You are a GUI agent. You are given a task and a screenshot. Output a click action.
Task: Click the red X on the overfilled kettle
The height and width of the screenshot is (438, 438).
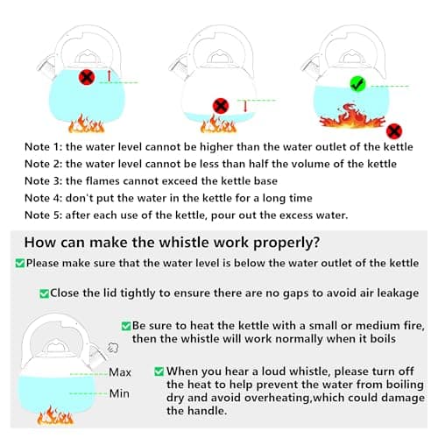[87, 77]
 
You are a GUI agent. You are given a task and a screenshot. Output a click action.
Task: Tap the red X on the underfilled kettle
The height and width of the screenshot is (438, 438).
[221, 106]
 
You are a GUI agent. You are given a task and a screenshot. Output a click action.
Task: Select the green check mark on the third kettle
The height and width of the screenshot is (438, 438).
[357, 84]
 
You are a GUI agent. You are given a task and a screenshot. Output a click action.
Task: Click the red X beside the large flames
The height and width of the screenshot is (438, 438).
[394, 131]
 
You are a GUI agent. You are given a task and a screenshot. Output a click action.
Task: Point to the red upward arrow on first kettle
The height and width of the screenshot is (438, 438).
[109, 75]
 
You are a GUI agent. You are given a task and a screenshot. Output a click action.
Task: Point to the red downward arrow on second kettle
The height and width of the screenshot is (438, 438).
[245, 106]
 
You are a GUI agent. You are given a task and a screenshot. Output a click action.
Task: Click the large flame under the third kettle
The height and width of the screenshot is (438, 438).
[352, 116]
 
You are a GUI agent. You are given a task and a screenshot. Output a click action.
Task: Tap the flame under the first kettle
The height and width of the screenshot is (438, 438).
[87, 124]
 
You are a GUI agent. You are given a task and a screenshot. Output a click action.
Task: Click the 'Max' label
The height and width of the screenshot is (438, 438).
[120, 372]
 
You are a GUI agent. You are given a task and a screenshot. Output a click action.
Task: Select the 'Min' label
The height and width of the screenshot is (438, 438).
[119, 393]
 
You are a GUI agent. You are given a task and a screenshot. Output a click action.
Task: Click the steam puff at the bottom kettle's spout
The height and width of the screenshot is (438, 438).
[113, 348]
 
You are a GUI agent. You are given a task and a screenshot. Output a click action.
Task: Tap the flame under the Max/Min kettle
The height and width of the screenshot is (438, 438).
[55, 415]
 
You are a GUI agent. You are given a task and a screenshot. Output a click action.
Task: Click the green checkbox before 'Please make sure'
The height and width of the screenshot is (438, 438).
[20, 263]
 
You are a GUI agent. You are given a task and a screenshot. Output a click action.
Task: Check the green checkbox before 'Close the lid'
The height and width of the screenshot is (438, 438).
[44, 293]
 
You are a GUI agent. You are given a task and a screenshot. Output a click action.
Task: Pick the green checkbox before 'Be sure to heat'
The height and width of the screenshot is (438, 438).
[126, 326]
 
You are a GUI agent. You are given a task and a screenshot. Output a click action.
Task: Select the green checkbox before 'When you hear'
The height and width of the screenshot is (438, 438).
[159, 371]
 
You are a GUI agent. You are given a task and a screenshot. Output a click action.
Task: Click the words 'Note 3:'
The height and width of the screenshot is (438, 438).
[43, 181]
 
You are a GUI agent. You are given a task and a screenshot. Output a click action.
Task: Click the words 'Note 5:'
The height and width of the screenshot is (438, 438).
[43, 215]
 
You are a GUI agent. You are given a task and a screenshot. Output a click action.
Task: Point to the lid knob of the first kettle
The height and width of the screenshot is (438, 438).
[87, 57]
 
